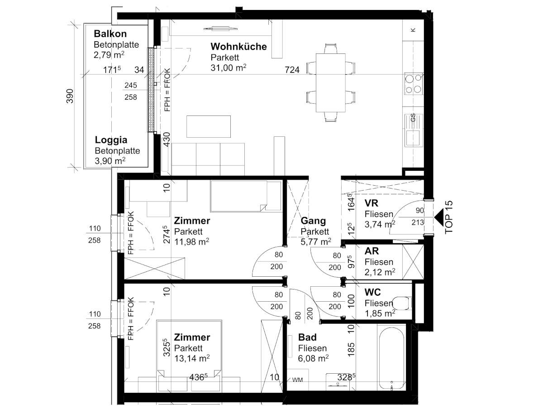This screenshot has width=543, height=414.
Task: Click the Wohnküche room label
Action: [x=238, y=47]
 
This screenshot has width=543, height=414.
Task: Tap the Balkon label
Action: [x=110, y=34]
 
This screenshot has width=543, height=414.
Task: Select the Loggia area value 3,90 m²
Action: [x=110, y=161]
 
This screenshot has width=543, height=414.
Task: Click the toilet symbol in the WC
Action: [x=402, y=303]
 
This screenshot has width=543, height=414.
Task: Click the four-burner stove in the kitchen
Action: [x=414, y=84]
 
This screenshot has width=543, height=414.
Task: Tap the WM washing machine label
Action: [x=297, y=380]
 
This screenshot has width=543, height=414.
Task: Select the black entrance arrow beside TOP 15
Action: [x=439, y=218]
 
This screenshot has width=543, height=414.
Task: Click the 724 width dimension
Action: [x=292, y=70]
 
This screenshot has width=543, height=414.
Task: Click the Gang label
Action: [x=313, y=221]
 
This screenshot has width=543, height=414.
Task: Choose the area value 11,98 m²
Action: [x=192, y=241]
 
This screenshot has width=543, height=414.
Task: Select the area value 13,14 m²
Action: [x=192, y=358]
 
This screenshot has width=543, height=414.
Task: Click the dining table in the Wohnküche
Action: [x=330, y=83]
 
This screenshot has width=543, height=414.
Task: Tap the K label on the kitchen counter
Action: [x=413, y=30]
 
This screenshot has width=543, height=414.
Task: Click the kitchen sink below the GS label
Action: [x=413, y=138]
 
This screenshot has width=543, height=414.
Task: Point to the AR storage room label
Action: [x=372, y=251]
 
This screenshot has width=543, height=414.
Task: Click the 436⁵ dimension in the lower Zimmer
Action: [x=198, y=377]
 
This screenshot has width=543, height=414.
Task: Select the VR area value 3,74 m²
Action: [x=380, y=224]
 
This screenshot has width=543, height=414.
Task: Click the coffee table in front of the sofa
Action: [x=209, y=126]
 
